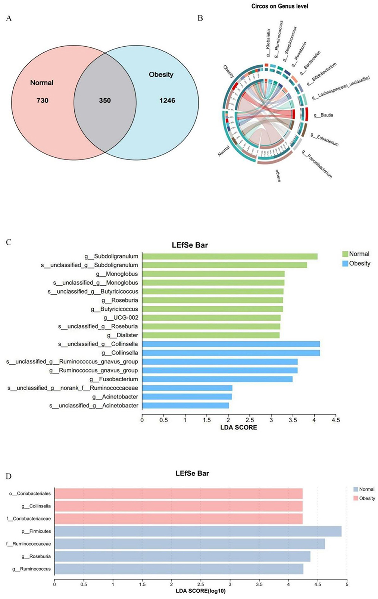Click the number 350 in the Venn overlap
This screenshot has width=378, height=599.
pyautogui.click(x=105, y=100)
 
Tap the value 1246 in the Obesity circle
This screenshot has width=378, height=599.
pyautogui.click(x=167, y=100)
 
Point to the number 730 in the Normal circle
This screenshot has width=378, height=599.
pyautogui.click(x=42, y=100)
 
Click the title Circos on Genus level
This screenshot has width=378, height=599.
pyautogui.click(x=279, y=6)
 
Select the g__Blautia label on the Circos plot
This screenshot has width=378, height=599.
pyautogui.click(x=324, y=115)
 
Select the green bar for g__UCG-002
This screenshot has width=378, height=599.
pyautogui.click(x=211, y=318)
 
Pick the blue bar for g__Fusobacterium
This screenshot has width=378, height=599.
pyautogui.click(x=217, y=379)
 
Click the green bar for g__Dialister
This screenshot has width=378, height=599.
pyautogui.click(x=211, y=335)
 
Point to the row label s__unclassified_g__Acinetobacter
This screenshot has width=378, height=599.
pyautogui.click(x=94, y=406)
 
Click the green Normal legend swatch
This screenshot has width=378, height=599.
pyautogui.click(x=345, y=254)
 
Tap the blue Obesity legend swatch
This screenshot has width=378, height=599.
pyautogui.click(x=345, y=264)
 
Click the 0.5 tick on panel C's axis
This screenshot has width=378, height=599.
pyautogui.click(x=163, y=420)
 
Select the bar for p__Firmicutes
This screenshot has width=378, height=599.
pyautogui.click(x=198, y=531)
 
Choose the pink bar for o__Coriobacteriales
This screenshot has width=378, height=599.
pyautogui.click(x=178, y=493)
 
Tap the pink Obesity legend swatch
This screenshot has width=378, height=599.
pyautogui.click(x=356, y=499)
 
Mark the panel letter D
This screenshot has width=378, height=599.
pyautogui.click(x=9, y=477)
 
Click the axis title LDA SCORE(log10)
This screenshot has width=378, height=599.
pyautogui.click(x=201, y=591)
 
